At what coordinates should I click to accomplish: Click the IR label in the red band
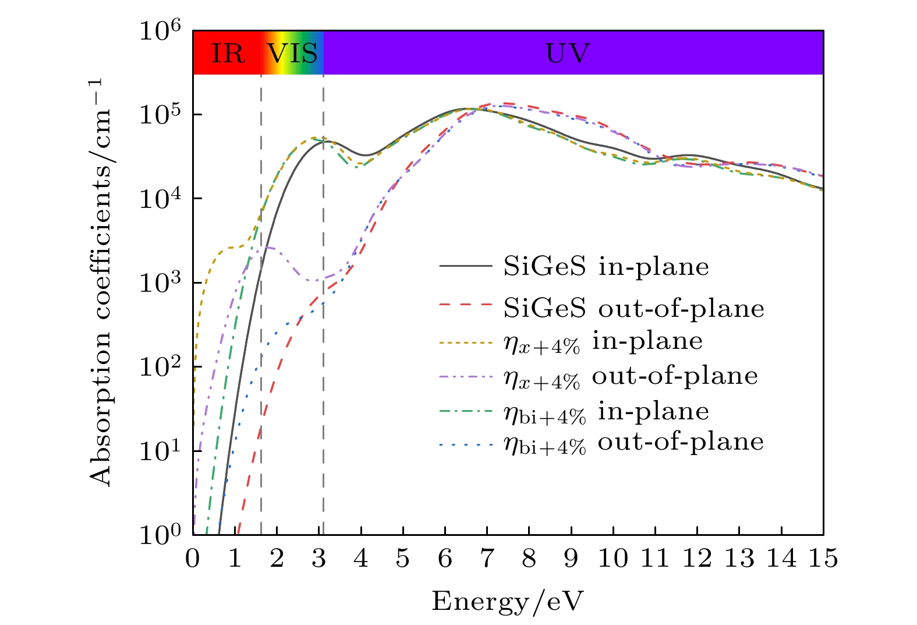(228, 54)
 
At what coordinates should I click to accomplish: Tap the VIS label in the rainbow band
(292, 54)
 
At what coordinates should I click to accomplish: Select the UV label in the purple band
(568, 54)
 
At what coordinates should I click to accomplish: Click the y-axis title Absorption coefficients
(101, 282)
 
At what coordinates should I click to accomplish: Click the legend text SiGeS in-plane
(606, 267)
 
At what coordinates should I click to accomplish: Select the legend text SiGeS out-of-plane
(633, 309)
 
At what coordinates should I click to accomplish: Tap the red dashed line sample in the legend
(466, 304)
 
